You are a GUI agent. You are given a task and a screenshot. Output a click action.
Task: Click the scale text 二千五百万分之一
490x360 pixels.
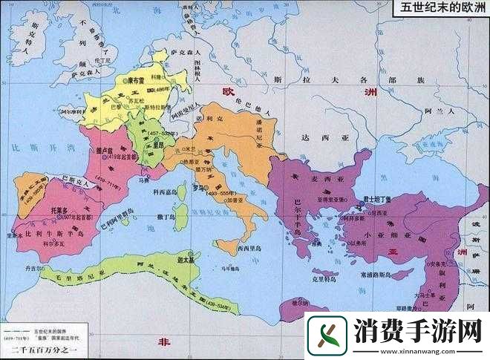click(x=34, y=350)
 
